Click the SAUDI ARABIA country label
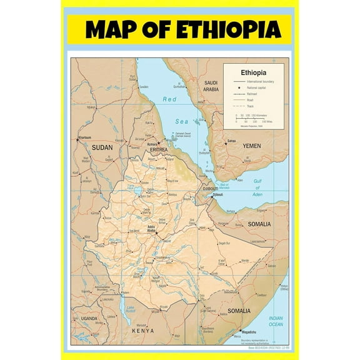coord(211,86)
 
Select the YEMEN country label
coord(251,146)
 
